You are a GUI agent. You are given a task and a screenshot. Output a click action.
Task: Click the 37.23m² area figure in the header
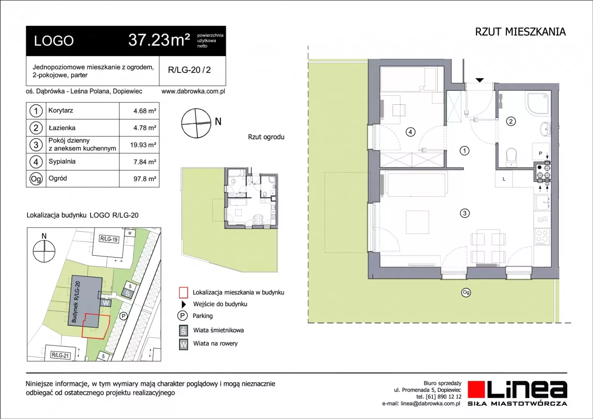[159, 40]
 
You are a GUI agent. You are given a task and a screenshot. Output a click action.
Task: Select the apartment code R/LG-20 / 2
[189, 70]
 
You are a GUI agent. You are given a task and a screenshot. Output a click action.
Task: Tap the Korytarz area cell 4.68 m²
[144, 111]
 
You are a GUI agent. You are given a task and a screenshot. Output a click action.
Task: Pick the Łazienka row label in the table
[62, 128]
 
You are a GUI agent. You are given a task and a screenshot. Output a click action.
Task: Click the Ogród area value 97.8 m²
[144, 179]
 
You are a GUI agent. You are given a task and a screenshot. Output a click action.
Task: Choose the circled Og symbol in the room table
[36, 179]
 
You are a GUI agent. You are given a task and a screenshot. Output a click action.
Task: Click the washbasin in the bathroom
[545, 129]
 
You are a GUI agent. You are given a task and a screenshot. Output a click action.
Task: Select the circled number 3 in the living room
[465, 213]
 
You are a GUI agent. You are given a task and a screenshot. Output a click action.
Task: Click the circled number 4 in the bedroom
[410, 132]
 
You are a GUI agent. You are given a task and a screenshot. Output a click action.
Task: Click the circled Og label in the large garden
[466, 293]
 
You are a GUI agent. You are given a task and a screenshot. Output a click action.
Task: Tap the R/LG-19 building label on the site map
[109, 239]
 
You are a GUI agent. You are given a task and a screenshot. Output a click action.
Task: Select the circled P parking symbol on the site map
[123, 316]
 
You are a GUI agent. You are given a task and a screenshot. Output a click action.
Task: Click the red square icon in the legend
[184, 293]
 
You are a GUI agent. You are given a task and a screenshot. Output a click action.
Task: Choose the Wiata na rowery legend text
[215, 344]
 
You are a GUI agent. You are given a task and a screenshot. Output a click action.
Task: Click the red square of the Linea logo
[476, 389]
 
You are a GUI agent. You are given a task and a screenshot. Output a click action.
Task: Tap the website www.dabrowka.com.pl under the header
[193, 91]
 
